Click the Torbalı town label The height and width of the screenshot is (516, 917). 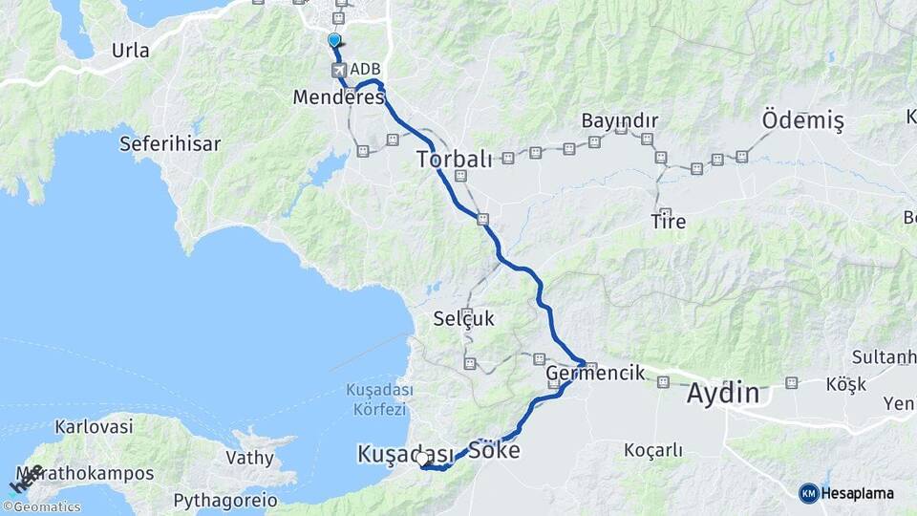(x=454, y=160)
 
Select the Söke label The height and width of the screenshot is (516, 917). (x=494, y=449)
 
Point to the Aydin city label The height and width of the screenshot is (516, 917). (x=723, y=393)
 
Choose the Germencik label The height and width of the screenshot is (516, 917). (x=596, y=374)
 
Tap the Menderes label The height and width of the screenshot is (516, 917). (x=338, y=97)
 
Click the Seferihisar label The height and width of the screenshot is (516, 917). (x=170, y=144)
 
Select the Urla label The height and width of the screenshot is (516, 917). (x=130, y=51)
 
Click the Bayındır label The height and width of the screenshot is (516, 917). (x=620, y=121)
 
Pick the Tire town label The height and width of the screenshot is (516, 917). (x=668, y=222)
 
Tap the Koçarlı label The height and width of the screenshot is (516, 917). (x=652, y=449)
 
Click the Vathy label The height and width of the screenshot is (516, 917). (x=249, y=458)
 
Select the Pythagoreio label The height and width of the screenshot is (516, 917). (x=225, y=500)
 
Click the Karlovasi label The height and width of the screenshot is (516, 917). (x=94, y=427)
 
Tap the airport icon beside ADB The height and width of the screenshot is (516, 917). (x=338, y=70)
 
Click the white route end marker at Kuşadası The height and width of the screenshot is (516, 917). (x=422, y=459)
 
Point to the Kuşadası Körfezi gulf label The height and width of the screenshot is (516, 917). (x=378, y=398)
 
